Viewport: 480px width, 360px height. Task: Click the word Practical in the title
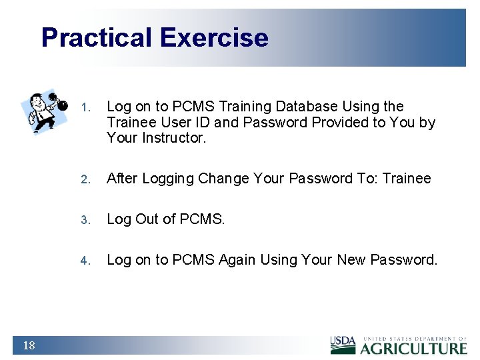click(x=97, y=37)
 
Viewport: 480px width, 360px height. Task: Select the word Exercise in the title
click(x=214, y=37)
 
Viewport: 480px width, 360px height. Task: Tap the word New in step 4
click(x=339, y=260)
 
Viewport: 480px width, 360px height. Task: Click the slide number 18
click(x=29, y=345)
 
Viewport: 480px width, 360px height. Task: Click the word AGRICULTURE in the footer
click(x=413, y=347)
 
